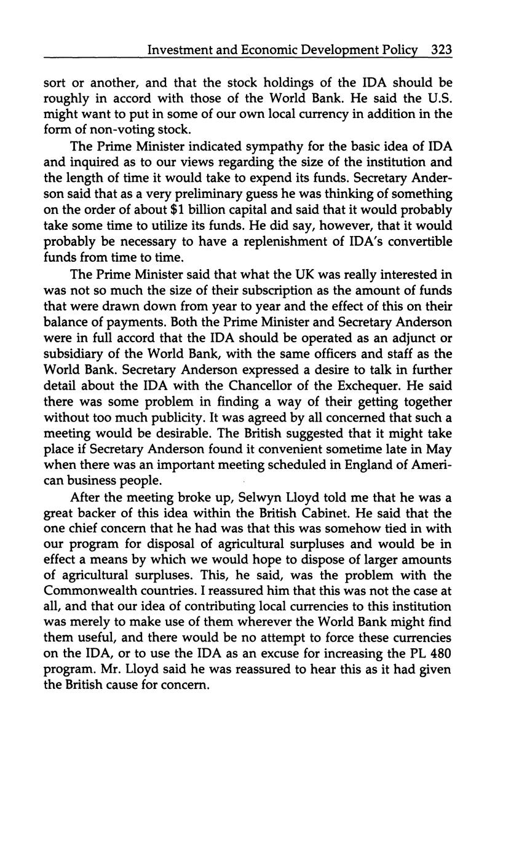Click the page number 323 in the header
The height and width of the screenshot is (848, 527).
pyautogui.click(x=442, y=50)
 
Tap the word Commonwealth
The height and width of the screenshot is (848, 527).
pyautogui.click(x=97, y=591)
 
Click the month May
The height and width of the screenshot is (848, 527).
pyautogui.click(x=439, y=449)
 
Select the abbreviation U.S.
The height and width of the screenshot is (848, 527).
pyautogui.click(x=438, y=98)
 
